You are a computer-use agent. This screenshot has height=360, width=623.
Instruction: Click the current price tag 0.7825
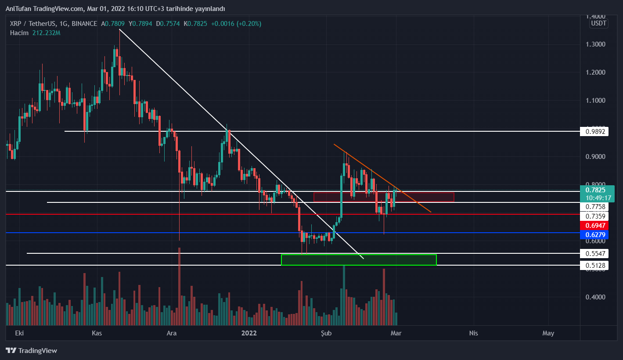click(595, 190)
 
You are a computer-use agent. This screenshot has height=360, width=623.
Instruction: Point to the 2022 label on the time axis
click(249, 333)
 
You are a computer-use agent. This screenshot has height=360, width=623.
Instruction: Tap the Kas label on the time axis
click(97, 333)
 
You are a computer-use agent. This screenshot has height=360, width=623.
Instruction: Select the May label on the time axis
click(548, 333)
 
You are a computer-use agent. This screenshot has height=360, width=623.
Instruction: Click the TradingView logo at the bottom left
click(31, 350)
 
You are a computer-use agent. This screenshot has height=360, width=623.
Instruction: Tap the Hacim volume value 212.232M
click(46, 32)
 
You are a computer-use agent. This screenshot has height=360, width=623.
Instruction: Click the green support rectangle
click(359, 260)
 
